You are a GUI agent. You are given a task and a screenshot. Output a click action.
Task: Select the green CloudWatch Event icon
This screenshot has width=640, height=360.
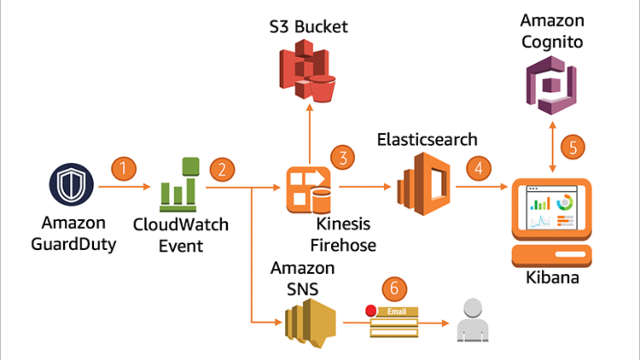(179, 187)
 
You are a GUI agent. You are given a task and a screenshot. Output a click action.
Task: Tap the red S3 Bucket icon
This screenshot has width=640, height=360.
(307, 70)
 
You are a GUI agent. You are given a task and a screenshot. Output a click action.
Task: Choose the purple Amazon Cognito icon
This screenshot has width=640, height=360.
(551, 85)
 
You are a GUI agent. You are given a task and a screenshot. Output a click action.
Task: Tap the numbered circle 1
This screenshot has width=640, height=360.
(124, 168)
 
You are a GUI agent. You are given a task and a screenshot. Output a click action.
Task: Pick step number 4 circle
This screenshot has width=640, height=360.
(478, 168)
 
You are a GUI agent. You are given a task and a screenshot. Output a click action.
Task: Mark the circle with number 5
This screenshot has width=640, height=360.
(573, 148)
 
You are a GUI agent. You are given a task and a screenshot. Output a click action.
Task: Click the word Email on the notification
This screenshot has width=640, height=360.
(396, 311)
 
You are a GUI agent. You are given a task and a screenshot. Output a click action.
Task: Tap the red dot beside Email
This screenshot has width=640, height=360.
(371, 310)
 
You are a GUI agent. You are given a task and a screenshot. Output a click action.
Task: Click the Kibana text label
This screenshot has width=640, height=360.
(552, 277)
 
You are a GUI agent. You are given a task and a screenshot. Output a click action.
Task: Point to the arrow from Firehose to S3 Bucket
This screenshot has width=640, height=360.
(309, 134)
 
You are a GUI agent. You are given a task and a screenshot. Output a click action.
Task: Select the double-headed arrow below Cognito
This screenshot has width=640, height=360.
(553, 147)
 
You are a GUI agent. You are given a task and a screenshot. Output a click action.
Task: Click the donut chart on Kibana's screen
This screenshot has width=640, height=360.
(565, 202)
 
